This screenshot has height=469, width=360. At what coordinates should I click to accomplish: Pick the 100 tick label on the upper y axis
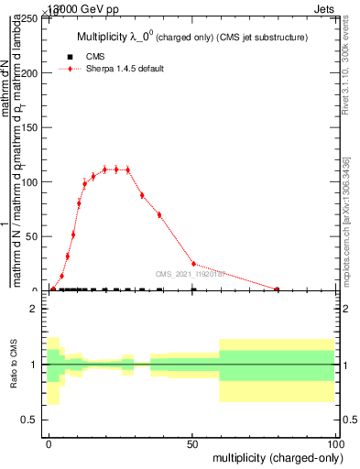click(32, 182)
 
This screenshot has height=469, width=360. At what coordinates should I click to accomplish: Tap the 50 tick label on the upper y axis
click(35, 236)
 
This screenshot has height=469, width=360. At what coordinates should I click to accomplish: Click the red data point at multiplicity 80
click(277, 289)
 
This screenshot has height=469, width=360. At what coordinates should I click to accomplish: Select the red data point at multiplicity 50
click(192, 264)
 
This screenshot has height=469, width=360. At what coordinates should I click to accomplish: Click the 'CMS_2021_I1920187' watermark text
click(191, 274)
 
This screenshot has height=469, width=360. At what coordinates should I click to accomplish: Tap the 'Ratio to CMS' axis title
click(14, 365)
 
